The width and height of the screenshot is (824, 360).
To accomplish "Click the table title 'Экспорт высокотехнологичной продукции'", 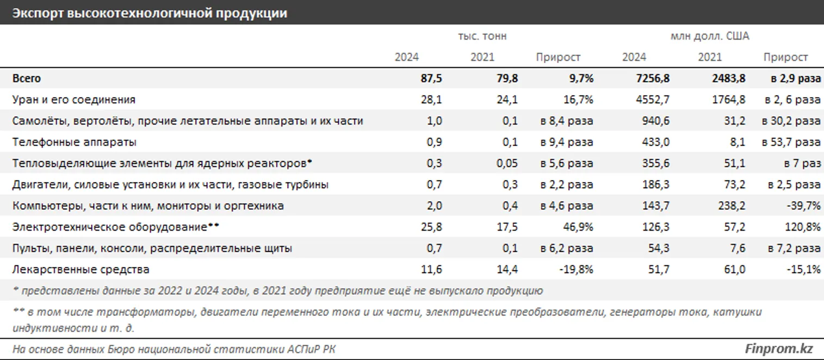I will click(x=150, y=14).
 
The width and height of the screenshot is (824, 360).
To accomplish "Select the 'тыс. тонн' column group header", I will click(x=482, y=36).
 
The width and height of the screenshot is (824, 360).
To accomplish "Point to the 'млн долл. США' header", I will click(x=710, y=36).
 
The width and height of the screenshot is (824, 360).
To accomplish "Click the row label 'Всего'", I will click(x=27, y=78).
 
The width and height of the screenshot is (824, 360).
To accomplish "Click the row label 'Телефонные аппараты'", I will click(x=74, y=142).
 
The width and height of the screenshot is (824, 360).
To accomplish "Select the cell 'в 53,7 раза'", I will click(x=791, y=142).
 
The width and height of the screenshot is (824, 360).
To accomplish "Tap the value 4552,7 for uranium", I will click(x=652, y=100).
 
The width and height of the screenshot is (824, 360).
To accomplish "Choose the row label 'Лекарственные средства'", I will click(x=80, y=269).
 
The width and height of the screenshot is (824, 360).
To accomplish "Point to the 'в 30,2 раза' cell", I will click(x=791, y=121).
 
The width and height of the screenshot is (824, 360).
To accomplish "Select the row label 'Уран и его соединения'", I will click(x=73, y=100).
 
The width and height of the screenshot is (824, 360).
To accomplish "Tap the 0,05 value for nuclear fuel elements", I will click(x=506, y=163).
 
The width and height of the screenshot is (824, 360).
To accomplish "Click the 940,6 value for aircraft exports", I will click(x=655, y=121).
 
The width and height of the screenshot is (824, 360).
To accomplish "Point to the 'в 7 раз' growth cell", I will click(x=802, y=163).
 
